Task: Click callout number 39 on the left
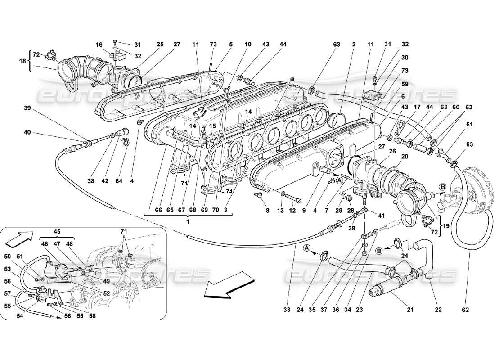click(28, 108)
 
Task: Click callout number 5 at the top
click(231, 44)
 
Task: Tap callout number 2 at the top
click(354, 44)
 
